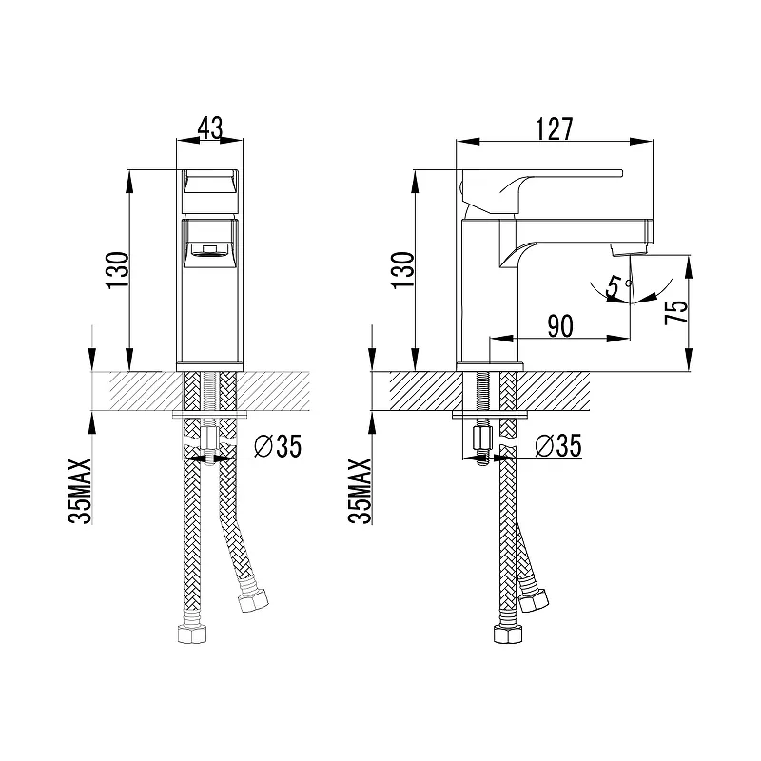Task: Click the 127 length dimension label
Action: tap(555, 128)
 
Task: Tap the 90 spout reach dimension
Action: tap(560, 325)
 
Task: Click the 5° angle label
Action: tap(615, 283)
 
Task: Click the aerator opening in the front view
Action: tap(211, 251)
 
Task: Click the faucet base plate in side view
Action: tap(490, 366)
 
